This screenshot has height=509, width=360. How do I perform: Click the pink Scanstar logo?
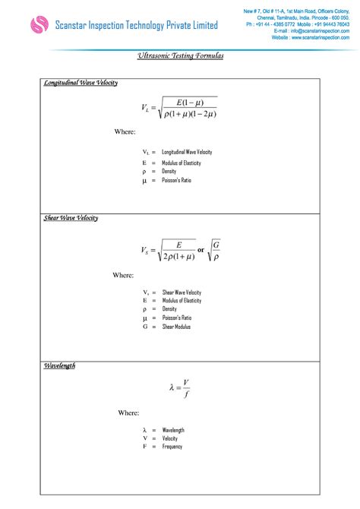(x=39, y=26)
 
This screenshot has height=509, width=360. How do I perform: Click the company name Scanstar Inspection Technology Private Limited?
(x=136, y=26)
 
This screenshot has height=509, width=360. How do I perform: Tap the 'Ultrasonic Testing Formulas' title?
(x=180, y=56)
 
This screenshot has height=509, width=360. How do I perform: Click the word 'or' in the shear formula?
(x=201, y=250)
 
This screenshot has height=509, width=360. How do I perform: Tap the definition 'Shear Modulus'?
(x=176, y=327)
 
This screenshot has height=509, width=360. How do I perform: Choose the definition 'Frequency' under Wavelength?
(x=172, y=447)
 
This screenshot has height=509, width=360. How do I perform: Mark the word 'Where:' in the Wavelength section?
(x=128, y=413)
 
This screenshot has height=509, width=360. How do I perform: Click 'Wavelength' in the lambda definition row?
(x=173, y=430)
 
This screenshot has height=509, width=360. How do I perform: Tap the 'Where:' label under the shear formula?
(x=123, y=275)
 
